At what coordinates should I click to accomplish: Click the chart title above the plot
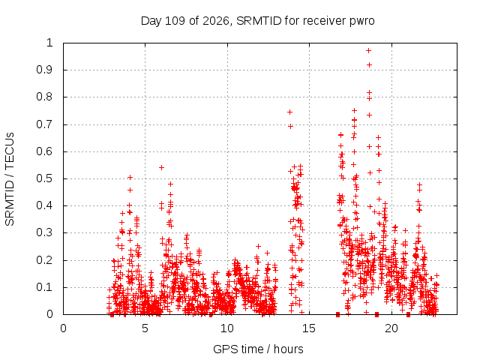[x=257, y=21]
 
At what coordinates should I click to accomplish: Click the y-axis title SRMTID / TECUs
[x=10, y=179]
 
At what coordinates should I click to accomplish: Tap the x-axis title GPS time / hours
[x=258, y=349]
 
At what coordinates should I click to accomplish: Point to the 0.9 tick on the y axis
[x=44, y=70]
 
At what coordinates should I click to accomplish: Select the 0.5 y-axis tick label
[x=44, y=178]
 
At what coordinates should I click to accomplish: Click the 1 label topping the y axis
[x=49, y=43]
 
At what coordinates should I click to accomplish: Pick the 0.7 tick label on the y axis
[x=44, y=124]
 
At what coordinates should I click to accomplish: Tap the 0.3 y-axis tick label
[x=44, y=232]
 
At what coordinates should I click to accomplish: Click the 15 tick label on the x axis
[x=309, y=328]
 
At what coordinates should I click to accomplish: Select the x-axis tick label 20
[x=391, y=328]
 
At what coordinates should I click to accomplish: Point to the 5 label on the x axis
[x=145, y=328]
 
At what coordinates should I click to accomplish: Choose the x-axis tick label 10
[x=227, y=328]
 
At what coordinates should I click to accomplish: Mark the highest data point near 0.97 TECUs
[x=368, y=50]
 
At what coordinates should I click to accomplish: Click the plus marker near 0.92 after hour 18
[x=370, y=64]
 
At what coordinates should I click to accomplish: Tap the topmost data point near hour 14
[x=289, y=112]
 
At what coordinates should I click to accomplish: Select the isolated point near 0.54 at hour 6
[x=162, y=167]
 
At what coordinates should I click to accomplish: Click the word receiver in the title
[x=316, y=21]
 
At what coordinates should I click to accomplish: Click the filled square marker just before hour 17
[x=337, y=314]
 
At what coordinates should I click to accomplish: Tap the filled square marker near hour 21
[x=408, y=314]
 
